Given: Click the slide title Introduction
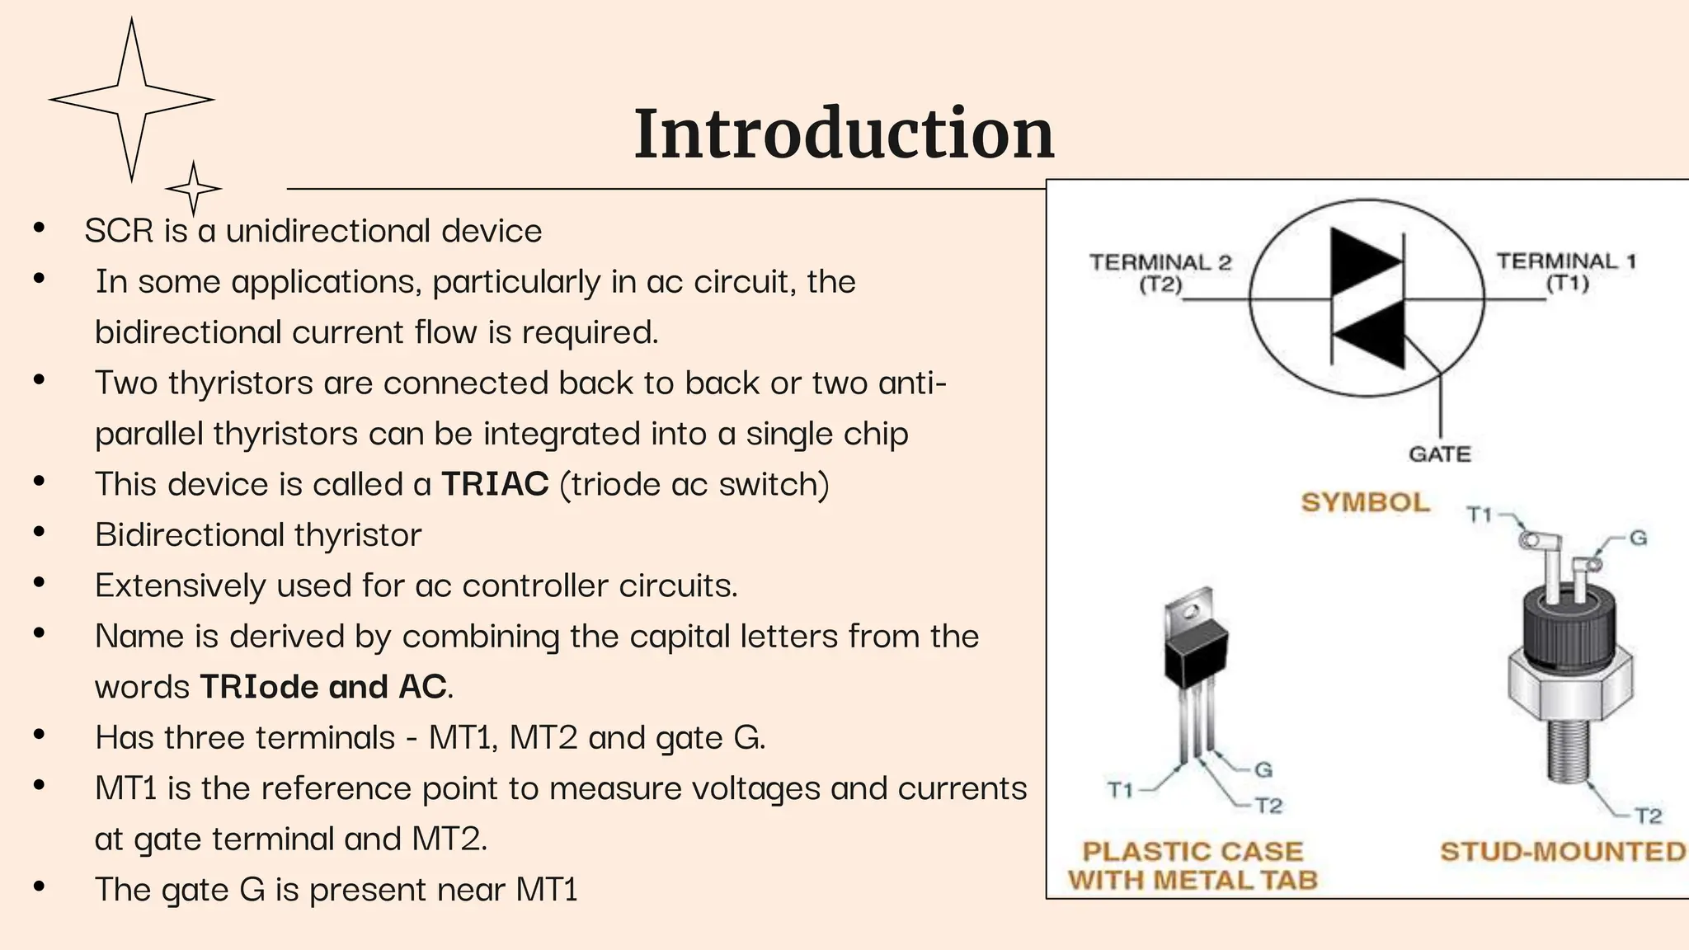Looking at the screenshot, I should coord(844,134).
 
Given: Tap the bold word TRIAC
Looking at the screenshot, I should coord(495,484).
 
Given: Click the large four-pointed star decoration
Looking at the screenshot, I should coord(132,100).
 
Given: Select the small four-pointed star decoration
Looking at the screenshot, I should coord(193,189).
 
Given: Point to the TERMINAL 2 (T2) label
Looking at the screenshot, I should coord(1160,273).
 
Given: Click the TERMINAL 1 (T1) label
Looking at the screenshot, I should coord(1565,272).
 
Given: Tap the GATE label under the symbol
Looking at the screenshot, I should coord(1439,454).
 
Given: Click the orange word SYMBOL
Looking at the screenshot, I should coord(1365,502).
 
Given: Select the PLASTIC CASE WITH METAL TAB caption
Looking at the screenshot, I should coord(1193,866).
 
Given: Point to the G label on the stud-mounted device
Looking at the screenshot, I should coord(1638,538).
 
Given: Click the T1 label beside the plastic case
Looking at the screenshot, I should coord(1119,790).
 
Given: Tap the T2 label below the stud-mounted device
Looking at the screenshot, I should coord(1648,816).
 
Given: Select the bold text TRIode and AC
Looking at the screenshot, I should coord(324,687).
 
